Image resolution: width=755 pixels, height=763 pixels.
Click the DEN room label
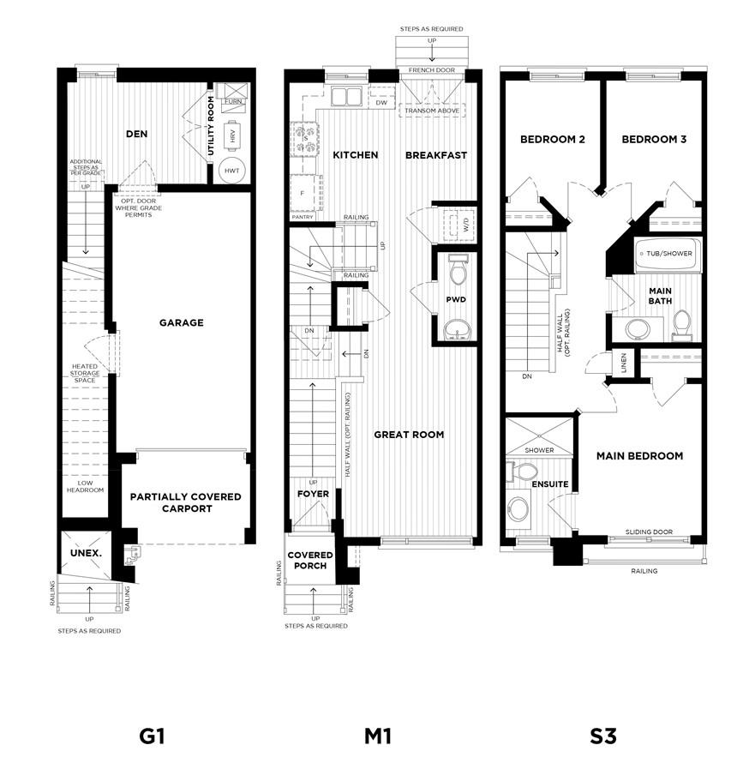(x=137, y=134)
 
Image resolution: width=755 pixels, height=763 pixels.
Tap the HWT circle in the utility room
(x=232, y=171)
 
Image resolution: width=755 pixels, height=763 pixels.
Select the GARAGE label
(x=181, y=323)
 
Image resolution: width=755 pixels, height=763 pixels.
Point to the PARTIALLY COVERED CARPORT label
(x=186, y=502)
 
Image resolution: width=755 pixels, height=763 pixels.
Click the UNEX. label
(x=86, y=553)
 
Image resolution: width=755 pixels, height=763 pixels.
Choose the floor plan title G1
(x=151, y=736)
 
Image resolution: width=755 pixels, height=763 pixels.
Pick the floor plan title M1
(x=377, y=736)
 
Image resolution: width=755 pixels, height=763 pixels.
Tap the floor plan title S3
(x=602, y=736)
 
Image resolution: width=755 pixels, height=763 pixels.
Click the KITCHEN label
(x=355, y=155)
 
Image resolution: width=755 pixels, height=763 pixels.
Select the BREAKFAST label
(x=436, y=155)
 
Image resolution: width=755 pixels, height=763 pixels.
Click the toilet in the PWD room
(x=458, y=273)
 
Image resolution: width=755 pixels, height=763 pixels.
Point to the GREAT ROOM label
(x=409, y=435)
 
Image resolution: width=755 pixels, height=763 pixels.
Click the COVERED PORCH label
(x=310, y=561)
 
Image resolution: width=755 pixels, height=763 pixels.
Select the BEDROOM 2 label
(x=553, y=139)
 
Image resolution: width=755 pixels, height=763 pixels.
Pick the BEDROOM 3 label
(x=654, y=139)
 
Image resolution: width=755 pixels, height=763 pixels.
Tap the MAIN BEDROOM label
(x=640, y=456)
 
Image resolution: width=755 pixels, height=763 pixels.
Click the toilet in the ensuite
(x=522, y=472)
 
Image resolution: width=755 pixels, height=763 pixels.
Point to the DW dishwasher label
(x=381, y=102)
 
